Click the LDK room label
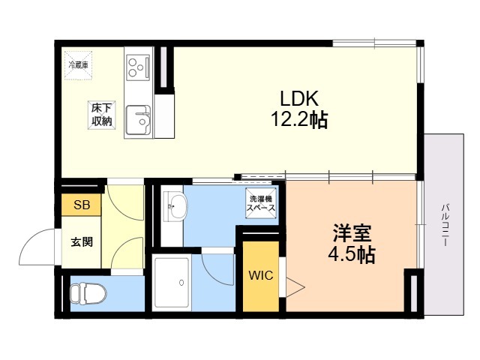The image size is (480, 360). pyautogui.click(x=299, y=98)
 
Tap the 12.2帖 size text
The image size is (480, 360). pyautogui.click(x=299, y=119)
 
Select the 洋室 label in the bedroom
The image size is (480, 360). pyautogui.click(x=352, y=233)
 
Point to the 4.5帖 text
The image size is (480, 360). pyautogui.click(x=352, y=254)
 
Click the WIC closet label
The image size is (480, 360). pyautogui.click(x=261, y=275)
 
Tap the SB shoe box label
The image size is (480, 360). pyautogui.click(x=82, y=205)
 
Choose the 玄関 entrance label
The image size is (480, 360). pyautogui.click(x=82, y=241)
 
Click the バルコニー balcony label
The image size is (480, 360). pyautogui.click(x=445, y=224)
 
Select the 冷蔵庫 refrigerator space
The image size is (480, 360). pyautogui.click(x=78, y=65)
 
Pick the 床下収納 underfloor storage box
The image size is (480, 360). pyautogui.click(x=102, y=115)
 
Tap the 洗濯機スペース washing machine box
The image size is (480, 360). pyautogui.click(x=261, y=203)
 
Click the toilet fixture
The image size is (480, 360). pyautogui.click(x=88, y=294)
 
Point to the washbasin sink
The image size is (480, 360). pyautogui.click(x=175, y=206)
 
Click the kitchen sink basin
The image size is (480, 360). pyautogui.click(x=138, y=120)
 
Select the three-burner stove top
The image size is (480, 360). pyautogui.click(x=138, y=67)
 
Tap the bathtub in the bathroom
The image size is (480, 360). pyautogui.click(x=172, y=282)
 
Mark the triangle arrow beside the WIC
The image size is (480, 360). pyautogui.click(x=295, y=287)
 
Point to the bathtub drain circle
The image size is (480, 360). pyautogui.click(x=181, y=283)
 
